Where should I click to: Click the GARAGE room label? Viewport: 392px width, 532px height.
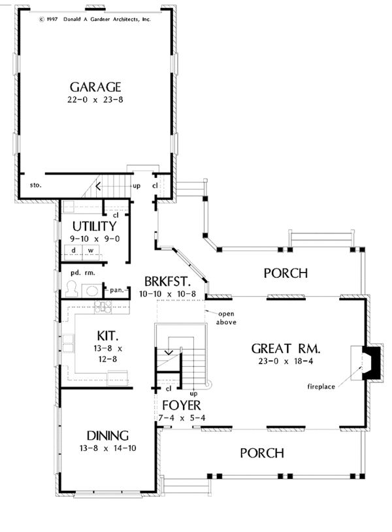point(96,87)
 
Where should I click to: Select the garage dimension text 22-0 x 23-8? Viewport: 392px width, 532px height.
point(96,101)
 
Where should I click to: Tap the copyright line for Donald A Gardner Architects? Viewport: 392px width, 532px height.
point(95,20)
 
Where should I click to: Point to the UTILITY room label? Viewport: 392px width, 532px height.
point(95,226)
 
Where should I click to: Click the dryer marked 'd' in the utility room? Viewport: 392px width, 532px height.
point(74,250)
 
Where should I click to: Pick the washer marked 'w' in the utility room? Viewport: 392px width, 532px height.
point(91,250)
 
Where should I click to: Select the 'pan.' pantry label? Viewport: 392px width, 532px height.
point(117,289)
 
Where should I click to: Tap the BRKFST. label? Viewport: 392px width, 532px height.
point(167,282)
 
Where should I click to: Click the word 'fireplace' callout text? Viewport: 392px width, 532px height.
point(321,387)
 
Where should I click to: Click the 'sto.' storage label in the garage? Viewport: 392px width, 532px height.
point(36,185)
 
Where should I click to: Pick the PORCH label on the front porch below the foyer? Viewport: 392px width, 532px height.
point(261,452)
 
